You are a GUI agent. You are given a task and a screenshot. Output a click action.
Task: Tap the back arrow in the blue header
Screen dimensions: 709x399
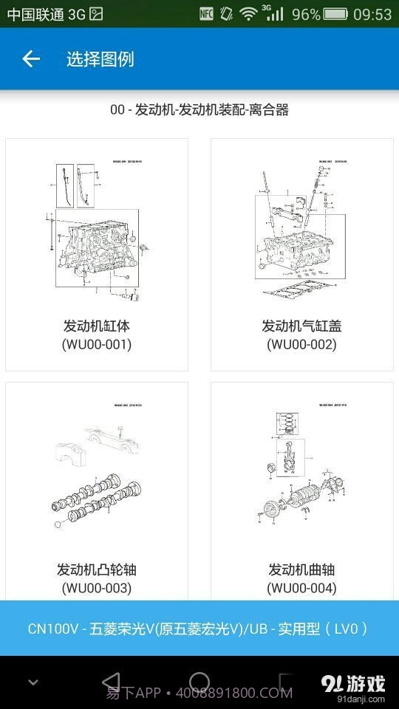[x=30, y=59]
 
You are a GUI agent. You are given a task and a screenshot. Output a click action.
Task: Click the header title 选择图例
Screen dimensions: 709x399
[x=100, y=59]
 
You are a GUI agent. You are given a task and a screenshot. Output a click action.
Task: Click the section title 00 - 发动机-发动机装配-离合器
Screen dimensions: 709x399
[x=199, y=110]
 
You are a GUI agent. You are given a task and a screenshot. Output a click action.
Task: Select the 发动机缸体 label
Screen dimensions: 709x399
[x=97, y=326]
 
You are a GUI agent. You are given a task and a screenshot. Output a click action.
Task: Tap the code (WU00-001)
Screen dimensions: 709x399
[x=97, y=344]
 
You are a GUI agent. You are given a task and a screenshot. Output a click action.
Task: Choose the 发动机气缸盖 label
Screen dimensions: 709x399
[x=301, y=326]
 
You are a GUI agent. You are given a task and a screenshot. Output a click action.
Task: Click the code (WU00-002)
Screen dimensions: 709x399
[x=301, y=344]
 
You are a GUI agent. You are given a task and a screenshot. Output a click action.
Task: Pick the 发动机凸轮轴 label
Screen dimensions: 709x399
[x=97, y=569]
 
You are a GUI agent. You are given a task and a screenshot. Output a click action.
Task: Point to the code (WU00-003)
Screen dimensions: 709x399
[x=97, y=588]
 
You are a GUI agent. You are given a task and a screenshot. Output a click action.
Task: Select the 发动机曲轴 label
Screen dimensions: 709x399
[x=301, y=569]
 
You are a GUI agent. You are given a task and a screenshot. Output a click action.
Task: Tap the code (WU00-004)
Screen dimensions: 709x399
[x=301, y=588]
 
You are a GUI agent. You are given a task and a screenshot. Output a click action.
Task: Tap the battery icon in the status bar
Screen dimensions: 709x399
[x=335, y=14]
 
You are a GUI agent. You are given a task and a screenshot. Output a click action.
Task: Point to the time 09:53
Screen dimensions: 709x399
[x=372, y=14]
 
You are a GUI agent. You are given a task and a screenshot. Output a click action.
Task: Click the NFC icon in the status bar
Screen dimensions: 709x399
[x=207, y=14]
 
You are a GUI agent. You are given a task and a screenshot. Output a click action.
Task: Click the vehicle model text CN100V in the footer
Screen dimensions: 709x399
[x=54, y=628]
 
